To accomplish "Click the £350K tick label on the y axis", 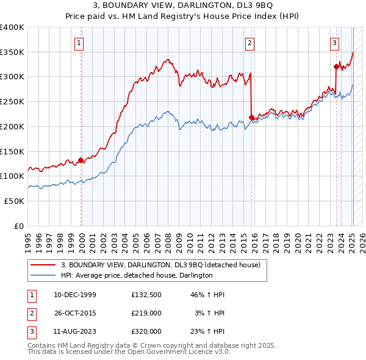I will pos(12,52).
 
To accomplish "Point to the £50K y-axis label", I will pos(15,201).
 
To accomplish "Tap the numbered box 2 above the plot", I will pos(250,43).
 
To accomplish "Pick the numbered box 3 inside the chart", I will pos(335,43).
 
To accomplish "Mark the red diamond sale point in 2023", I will pos(336,67).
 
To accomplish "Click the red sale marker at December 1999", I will pos(81,160).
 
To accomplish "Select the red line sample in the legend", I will pos(42,265).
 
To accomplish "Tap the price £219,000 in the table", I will pos(146,313).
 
